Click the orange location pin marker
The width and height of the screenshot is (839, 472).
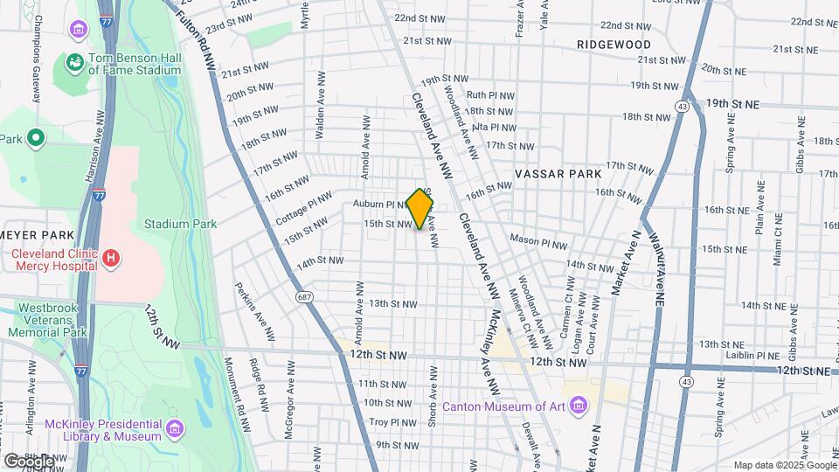(x=420, y=208)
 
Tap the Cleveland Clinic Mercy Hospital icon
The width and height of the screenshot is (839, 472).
(x=110, y=258)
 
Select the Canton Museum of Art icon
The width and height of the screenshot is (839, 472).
(x=578, y=406)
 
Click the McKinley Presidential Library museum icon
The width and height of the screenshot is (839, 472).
(x=175, y=428)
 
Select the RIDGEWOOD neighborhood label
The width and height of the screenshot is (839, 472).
(x=614, y=44)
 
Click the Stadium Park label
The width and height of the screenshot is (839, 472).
(x=181, y=224)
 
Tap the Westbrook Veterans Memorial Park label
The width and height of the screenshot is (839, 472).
(x=47, y=320)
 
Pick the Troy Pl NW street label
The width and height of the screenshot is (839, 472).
(x=392, y=422)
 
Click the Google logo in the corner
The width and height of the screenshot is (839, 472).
(x=28, y=462)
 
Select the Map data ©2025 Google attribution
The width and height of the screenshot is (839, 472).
(x=783, y=464)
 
